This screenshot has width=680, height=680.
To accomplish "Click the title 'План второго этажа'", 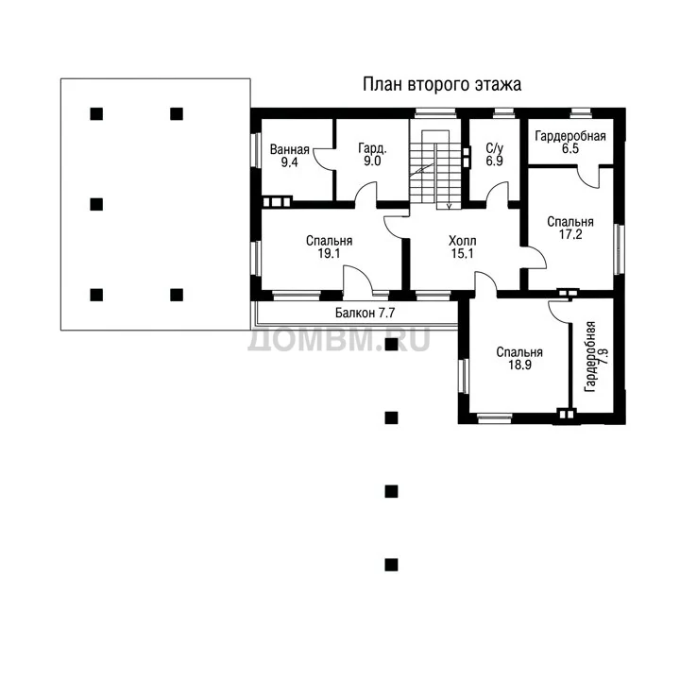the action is (x=441, y=85).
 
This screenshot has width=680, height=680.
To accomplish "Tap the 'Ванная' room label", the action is (x=289, y=149).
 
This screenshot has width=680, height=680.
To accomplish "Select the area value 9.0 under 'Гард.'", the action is (x=372, y=161).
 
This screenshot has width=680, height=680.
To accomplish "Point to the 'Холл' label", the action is (x=462, y=241).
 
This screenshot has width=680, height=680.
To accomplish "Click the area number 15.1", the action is (x=462, y=253).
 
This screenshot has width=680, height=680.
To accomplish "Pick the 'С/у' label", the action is (x=494, y=149).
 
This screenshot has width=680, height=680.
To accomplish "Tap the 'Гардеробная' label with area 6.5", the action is (x=570, y=136).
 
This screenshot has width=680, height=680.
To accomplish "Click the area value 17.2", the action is (x=570, y=234).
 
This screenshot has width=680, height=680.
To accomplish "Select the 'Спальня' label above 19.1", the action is (x=330, y=241).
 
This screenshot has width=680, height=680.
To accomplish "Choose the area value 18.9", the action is (x=520, y=365).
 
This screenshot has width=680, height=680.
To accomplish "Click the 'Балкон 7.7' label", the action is (x=365, y=313).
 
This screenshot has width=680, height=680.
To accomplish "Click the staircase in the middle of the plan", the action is (x=435, y=169).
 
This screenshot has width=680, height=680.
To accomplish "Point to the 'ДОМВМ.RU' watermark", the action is (x=339, y=340).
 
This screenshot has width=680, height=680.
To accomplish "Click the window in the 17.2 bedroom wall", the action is (x=619, y=249).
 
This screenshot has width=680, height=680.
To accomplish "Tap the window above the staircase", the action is (x=435, y=113).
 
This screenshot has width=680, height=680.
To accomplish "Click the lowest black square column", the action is (x=391, y=565).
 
